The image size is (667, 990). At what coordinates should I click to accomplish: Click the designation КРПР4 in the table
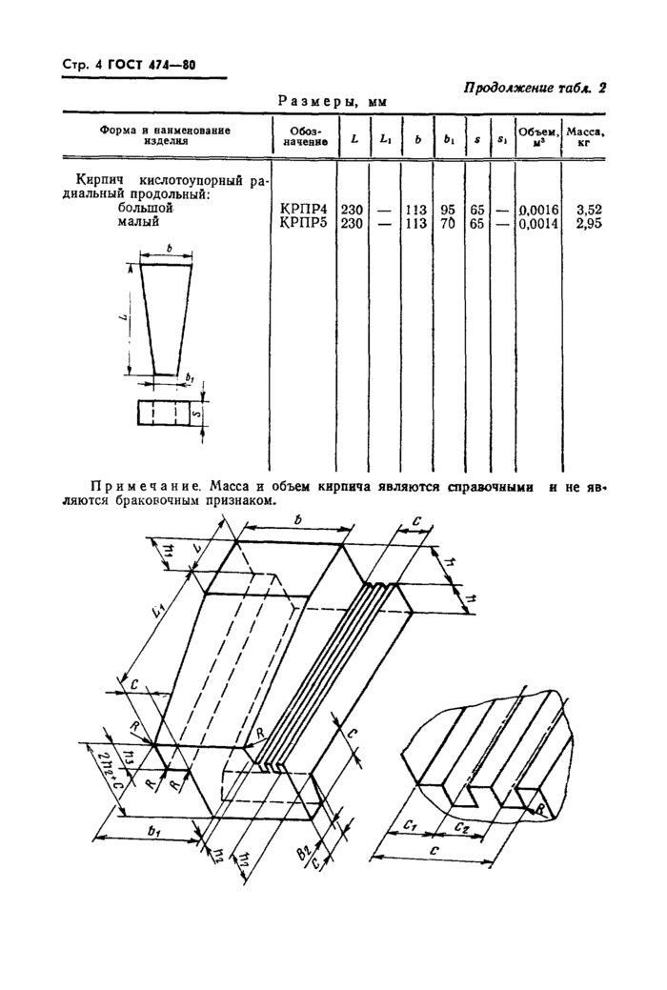click(301, 210)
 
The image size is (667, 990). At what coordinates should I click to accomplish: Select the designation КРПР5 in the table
click(301, 223)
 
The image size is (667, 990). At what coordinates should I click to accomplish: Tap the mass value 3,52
click(590, 210)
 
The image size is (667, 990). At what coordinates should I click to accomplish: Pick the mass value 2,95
click(590, 223)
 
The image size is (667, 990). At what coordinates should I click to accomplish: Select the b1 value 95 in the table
click(448, 210)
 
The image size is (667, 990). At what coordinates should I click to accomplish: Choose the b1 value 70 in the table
click(448, 223)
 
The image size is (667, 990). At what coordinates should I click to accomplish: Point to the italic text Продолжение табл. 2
click(536, 89)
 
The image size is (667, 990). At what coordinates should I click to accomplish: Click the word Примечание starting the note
click(143, 487)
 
